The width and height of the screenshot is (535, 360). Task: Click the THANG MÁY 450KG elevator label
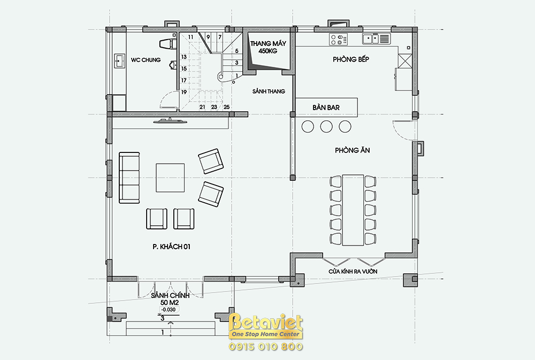coord(268,47)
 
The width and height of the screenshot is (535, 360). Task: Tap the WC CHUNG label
coord(146,60)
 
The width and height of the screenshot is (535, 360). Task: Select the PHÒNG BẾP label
coord(351,59)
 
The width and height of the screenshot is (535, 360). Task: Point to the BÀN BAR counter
coord(326,108)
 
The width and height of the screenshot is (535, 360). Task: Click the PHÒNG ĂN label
coord(353,150)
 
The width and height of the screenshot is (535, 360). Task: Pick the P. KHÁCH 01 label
coord(171,247)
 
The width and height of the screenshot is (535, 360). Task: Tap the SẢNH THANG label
coord(269,91)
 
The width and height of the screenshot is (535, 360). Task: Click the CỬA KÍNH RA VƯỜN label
coord(353,272)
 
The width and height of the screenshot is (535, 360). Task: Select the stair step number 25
coord(226,107)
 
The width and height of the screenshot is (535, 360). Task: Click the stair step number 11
coord(190,37)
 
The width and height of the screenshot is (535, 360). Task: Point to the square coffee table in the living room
coord(170,178)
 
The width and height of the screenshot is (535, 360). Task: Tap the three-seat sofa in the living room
coord(129,178)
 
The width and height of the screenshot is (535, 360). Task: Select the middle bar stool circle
coord(326,126)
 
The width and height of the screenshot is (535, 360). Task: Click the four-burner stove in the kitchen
coord(338,40)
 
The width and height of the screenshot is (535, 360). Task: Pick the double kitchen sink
coord(376,39)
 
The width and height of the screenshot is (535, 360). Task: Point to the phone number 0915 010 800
coord(266,347)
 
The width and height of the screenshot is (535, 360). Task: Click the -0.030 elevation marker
coord(169,310)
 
